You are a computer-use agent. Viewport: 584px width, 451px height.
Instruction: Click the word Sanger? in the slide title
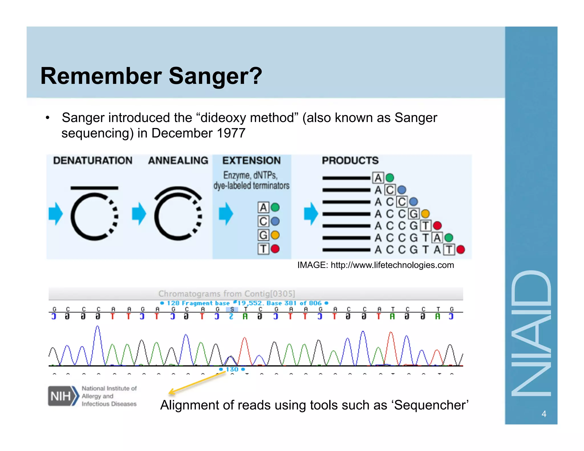[x=215, y=76]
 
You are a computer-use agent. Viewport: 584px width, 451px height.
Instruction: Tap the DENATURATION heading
[x=93, y=161]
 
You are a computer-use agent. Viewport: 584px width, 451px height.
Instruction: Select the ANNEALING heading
[x=178, y=161]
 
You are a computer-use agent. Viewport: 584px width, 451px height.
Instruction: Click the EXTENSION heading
[x=252, y=161]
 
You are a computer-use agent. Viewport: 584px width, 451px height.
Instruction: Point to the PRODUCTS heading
[x=350, y=161]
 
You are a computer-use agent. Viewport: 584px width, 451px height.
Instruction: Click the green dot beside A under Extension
[x=275, y=207]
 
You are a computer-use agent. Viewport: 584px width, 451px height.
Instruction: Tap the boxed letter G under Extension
[x=263, y=235]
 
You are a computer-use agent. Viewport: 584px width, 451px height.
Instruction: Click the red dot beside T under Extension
[x=275, y=249]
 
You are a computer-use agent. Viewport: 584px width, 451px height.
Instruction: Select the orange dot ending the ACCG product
[x=425, y=214]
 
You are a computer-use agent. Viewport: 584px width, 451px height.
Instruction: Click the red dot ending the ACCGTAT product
[x=461, y=250]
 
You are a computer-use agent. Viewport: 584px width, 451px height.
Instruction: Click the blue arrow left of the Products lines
[x=311, y=214]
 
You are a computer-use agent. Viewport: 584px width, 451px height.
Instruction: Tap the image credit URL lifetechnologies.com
[x=392, y=265]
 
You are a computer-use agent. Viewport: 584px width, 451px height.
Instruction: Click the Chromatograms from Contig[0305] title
[x=227, y=294]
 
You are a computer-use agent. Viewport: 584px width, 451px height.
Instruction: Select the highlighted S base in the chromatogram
[x=232, y=309]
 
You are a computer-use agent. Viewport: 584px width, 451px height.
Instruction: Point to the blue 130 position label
[x=232, y=369]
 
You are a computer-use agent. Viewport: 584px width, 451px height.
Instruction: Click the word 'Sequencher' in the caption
[x=431, y=405]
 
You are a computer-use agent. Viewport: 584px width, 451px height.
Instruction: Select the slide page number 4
[x=544, y=414]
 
